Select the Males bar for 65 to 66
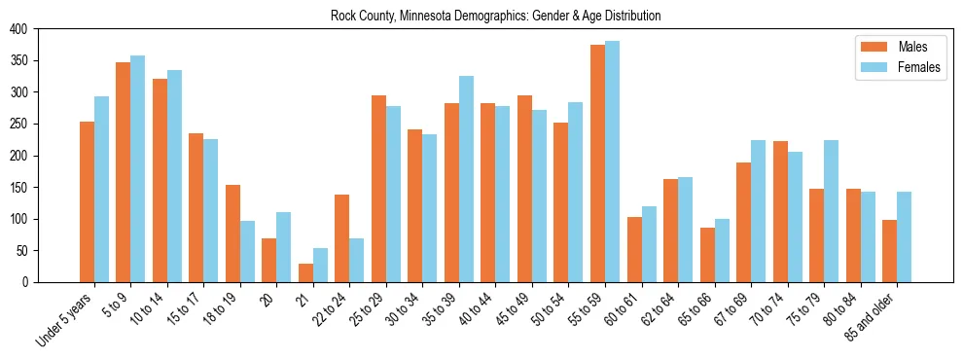coord(707,255)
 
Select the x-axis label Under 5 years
coord(65,320)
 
